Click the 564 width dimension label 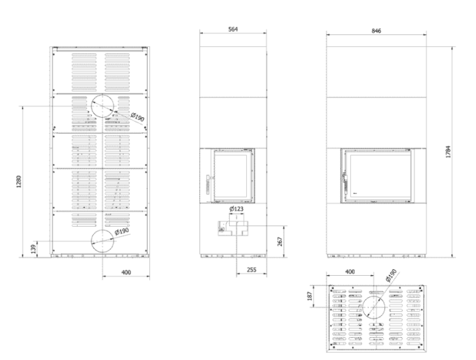[233, 29]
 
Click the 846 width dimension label [376, 31]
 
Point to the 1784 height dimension [448, 151]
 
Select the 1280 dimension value [19, 181]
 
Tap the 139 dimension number [34, 249]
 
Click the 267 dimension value [280, 241]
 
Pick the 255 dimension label [251, 269]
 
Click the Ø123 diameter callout [237, 209]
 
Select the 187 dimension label [310, 296]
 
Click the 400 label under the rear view [126, 272]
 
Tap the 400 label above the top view [350, 271]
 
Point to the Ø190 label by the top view [391, 275]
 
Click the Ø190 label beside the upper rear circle [138, 117]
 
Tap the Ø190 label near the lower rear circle [122, 231]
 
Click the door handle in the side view [208, 184]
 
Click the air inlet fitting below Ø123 [233, 228]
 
